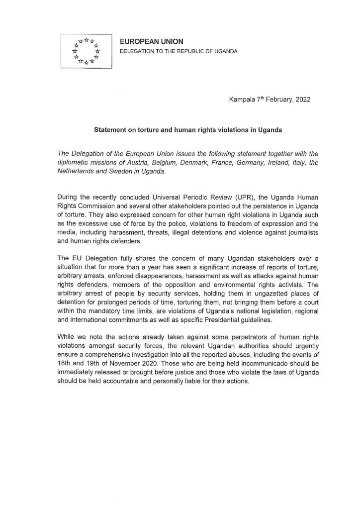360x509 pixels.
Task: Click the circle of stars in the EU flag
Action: point(86,51)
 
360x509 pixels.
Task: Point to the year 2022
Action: point(302,100)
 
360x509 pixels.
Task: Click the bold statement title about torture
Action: point(188,130)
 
